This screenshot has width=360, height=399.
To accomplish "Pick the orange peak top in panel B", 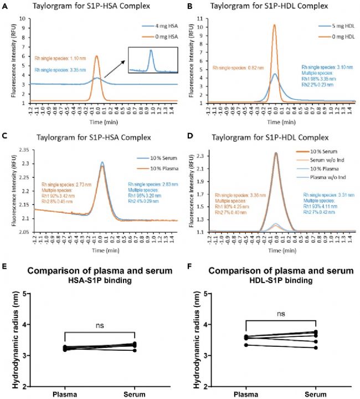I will click(274, 25).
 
